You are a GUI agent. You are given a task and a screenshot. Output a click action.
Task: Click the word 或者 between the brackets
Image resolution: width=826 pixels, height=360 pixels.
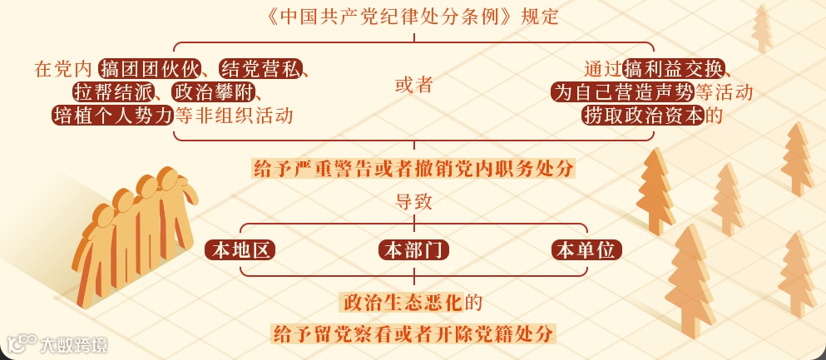(413, 85)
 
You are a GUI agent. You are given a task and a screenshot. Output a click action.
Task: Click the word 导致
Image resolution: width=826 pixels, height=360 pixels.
(413, 201)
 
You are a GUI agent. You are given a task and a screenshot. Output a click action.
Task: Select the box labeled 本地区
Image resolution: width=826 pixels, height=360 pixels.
(240, 249)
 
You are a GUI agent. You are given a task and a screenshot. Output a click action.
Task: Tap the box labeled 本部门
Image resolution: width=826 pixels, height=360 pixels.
(413, 249)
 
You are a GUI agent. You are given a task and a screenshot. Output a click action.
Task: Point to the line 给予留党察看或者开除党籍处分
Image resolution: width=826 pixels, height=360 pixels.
(413, 334)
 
